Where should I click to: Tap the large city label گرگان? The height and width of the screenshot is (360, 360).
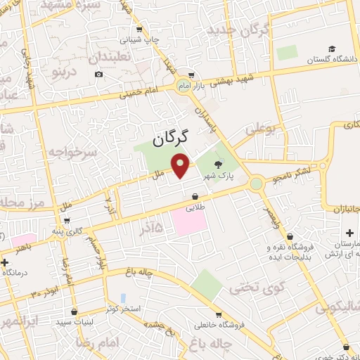171,137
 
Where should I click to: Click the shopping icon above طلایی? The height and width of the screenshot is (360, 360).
193,198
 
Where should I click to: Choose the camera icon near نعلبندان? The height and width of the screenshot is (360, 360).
98,74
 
